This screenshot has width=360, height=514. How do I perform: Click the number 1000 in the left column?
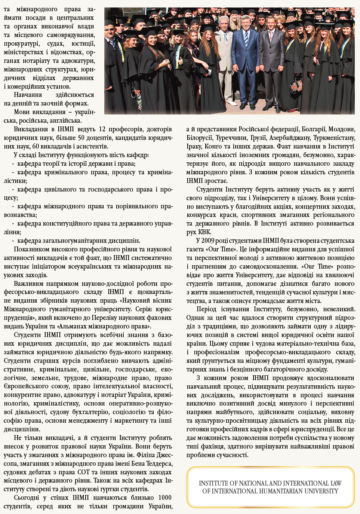[x=164, y=498]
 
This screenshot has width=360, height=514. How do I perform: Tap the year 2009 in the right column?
[x=209, y=241]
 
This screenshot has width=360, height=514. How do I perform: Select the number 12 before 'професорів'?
[x=102, y=129]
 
